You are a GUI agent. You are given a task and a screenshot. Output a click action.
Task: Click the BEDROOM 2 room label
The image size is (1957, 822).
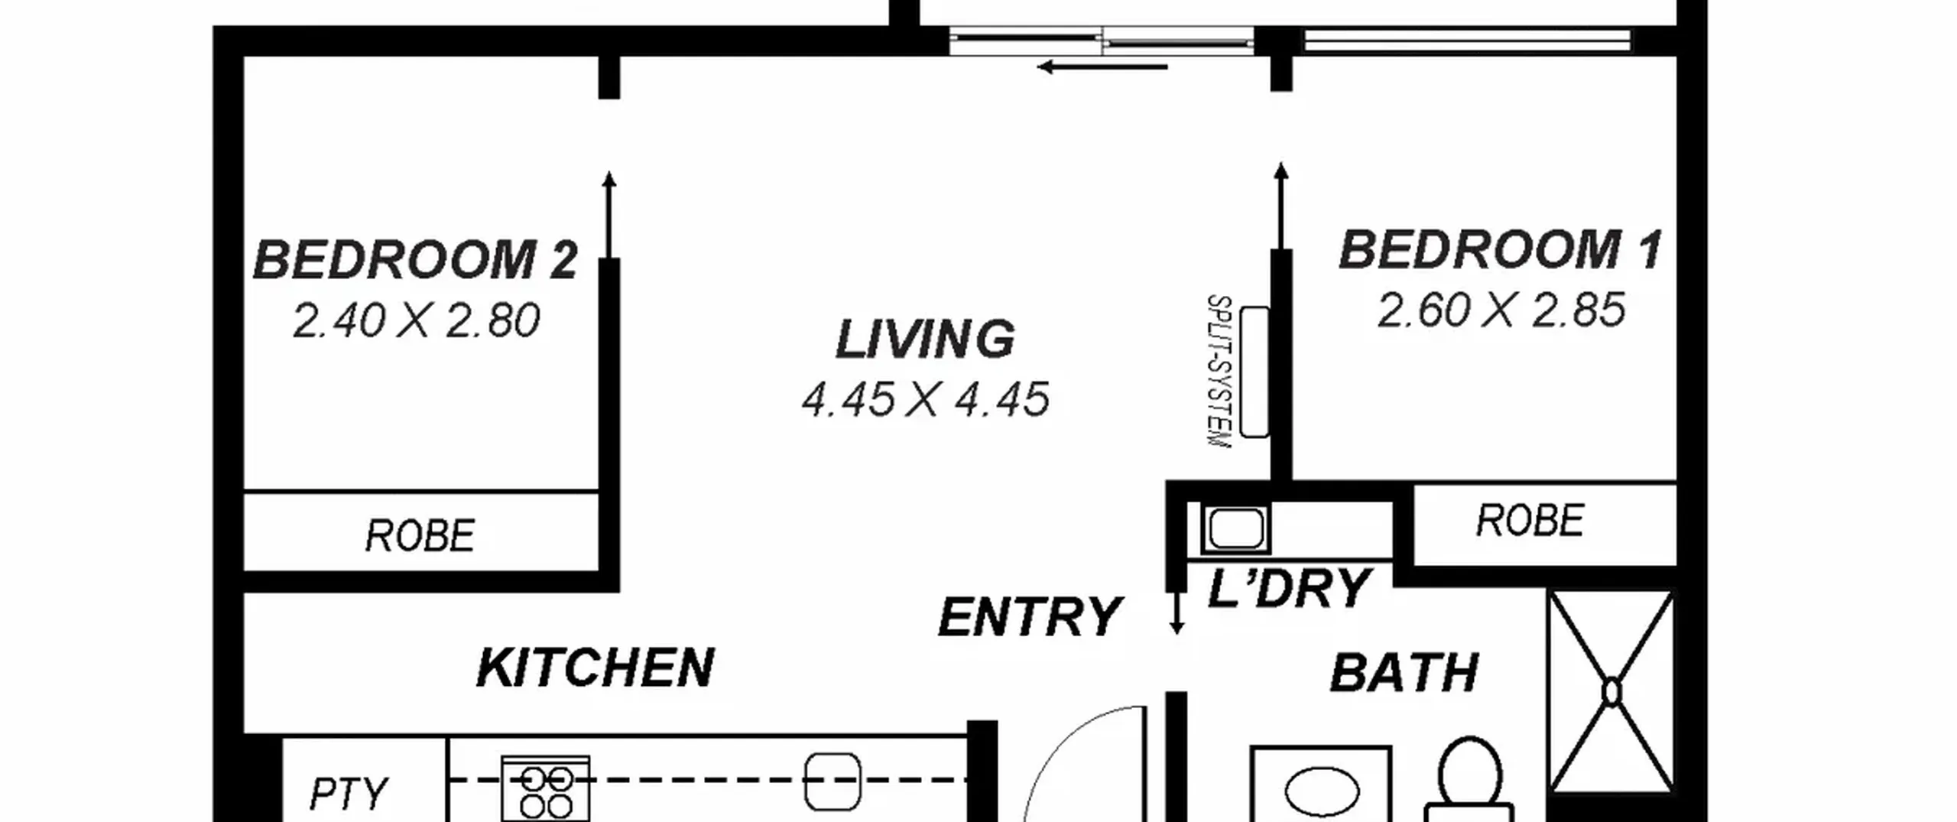pyautogui.click(x=415, y=260)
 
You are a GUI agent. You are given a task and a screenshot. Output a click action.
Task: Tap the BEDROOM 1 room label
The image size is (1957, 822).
pyautogui.click(x=1500, y=250)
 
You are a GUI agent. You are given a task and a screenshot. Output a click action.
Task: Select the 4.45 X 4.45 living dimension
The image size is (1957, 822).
pyautogui.click(x=925, y=400)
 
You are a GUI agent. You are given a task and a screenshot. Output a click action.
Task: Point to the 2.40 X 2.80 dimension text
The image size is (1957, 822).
pyautogui.click(x=416, y=320)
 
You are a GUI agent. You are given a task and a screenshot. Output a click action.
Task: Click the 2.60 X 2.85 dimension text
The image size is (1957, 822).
pyautogui.click(x=1501, y=310)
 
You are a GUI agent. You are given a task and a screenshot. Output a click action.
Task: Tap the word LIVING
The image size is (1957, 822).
pyautogui.click(x=925, y=339)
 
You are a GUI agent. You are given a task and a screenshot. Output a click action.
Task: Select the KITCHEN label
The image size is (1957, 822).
pyautogui.click(x=595, y=668)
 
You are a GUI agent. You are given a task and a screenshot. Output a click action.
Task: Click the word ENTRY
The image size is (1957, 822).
pyautogui.click(x=1029, y=617)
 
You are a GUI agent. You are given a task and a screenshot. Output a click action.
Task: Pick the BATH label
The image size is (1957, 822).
pyautogui.click(x=1404, y=674)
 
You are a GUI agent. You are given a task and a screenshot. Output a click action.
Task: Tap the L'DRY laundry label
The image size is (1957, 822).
pyautogui.click(x=1289, y=588)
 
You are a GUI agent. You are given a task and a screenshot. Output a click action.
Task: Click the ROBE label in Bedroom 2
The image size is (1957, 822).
pyautogui.click(x=420, y=535)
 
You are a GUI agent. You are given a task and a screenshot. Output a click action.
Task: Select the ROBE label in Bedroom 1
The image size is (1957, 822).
pyautogui.click(x=1530, y=521)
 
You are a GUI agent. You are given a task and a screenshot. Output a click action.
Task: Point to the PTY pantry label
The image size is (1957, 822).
pyautogui.click(x=349, y=794)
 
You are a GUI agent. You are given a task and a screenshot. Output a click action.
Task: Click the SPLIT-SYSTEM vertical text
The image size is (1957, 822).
pyautogui.click(x=1219, y=372)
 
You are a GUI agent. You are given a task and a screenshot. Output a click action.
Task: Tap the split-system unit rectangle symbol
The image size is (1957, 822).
pyautogui.click(x=1254, y=372)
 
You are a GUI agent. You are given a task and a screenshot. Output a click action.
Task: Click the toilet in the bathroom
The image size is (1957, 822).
pyautogui.click(x=1469, y=779)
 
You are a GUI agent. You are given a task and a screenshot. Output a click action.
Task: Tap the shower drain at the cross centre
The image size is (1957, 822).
pyautogui.click(x=1611, y=692)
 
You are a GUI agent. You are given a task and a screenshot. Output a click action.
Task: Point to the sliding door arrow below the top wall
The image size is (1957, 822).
pyautogui.click(x=1102, y=67)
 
